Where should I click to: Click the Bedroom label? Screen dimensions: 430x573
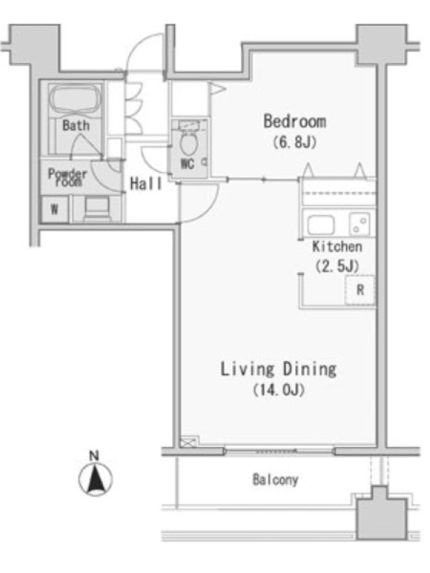[295, 121]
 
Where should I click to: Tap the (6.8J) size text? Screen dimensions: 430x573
[295, 142]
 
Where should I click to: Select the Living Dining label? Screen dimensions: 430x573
[278, 369]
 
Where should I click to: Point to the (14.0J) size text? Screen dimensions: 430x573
[279, 390]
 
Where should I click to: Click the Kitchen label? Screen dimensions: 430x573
[337, 246]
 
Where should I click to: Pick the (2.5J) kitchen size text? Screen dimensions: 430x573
[337, 266]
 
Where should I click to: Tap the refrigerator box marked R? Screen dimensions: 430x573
[360, 290]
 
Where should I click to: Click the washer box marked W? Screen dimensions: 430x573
[54, 209]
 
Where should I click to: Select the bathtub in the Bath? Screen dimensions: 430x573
[75, 99]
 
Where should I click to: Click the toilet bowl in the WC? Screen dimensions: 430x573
[188, 143]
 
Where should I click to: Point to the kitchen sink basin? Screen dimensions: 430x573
[320, 224]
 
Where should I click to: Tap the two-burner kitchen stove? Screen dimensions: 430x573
[360, 224]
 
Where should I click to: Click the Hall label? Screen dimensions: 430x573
[145, 183]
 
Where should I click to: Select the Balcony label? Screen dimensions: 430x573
[275, 479]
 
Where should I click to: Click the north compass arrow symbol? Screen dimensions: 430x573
[95, 478]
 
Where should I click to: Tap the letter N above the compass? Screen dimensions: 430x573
[95, 456]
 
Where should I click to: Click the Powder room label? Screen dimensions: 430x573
[67, 177]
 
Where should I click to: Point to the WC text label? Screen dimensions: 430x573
[188, 164]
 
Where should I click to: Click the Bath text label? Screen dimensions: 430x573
[76, 125]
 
